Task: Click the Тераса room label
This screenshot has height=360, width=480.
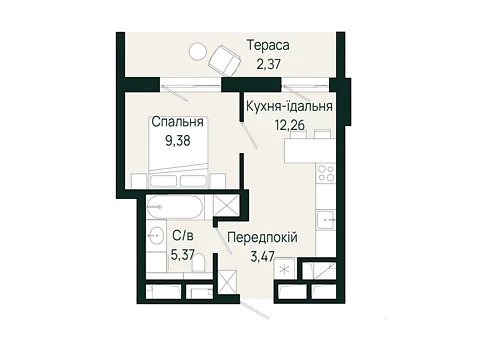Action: (268, 45)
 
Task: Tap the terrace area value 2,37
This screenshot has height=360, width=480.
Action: (268, 64)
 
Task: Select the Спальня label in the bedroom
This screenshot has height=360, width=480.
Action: (177, 122)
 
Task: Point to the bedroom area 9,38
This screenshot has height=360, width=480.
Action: (178, 141)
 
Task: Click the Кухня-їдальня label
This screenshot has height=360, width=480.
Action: (289, 106)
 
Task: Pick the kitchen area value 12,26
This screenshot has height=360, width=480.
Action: (290, 125)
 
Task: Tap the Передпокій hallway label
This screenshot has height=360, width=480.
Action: (262, 238)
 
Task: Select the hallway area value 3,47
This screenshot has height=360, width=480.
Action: (262, 256)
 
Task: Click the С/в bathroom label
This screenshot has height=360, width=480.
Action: (183, 236)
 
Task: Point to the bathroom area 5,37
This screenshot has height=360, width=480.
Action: (182, 255)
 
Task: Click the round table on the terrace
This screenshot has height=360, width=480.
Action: (198, 52)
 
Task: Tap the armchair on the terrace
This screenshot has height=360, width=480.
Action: (225, 61)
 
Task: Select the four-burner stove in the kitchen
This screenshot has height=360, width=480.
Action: (326, 173)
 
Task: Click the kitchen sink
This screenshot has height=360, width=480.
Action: (326, 220)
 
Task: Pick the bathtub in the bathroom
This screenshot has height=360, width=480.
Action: (175, 207)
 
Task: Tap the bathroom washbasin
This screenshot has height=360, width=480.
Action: (156, 236)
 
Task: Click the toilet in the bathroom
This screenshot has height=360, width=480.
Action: (198, 263)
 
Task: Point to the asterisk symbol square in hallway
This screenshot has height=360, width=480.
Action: (284, 269)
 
